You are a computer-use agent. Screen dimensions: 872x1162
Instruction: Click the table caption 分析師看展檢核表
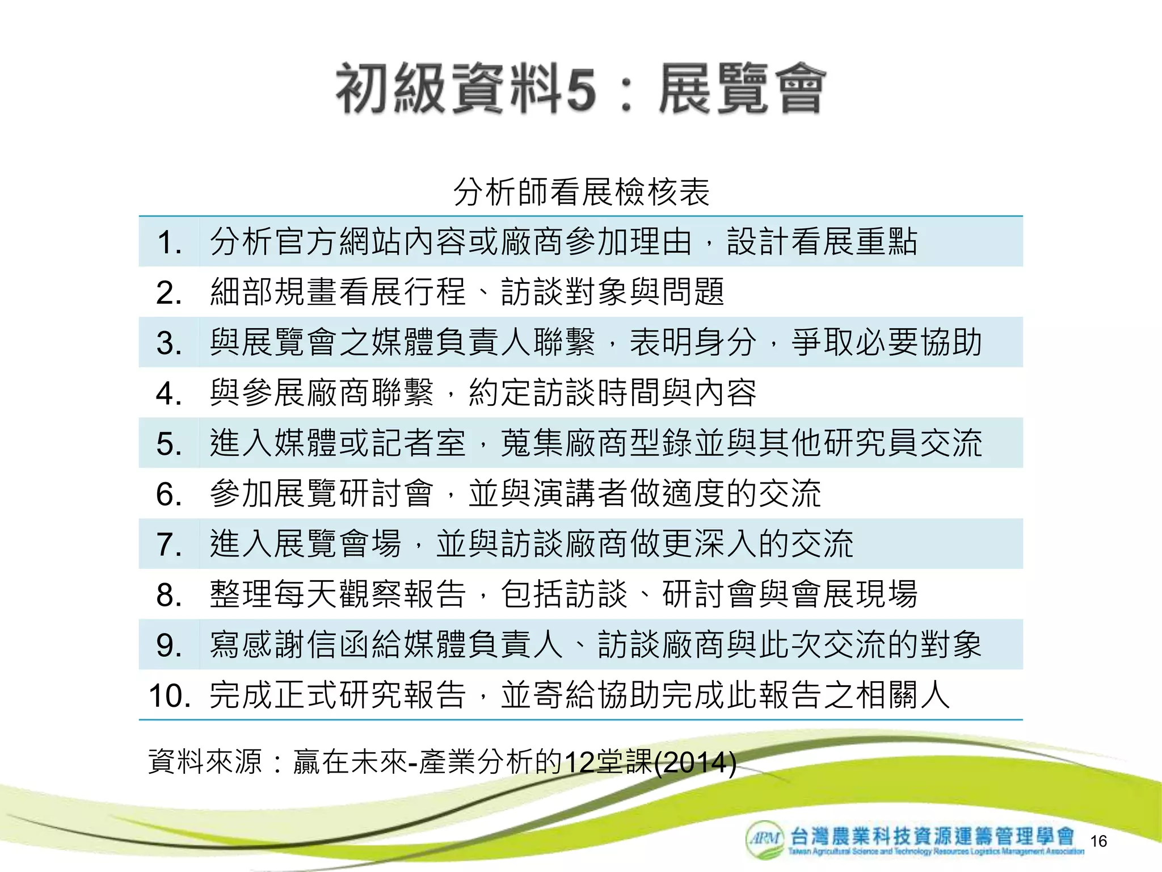tap(581, 191)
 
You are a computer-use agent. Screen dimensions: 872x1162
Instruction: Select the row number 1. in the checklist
tap(169, 242)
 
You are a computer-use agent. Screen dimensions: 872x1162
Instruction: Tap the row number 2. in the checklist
tap(169, 293)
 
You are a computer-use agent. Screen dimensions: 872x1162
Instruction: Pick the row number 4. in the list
tap(169, 393)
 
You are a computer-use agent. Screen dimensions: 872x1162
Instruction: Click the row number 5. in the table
tap(169, 444)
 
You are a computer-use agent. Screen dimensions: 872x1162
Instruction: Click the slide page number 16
tap(1098, 841)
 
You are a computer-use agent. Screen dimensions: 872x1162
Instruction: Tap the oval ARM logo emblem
tap(765, 839)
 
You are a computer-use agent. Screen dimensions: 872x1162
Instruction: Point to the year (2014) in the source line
tap(695, 762)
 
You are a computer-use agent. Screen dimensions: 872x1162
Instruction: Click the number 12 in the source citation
tap(579, 762)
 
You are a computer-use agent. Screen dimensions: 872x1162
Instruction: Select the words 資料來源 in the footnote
tap(205, 762)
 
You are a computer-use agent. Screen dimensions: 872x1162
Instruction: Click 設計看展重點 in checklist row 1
tap(822, 242)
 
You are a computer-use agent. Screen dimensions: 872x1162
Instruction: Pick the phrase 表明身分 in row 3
tap(693, 343)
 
